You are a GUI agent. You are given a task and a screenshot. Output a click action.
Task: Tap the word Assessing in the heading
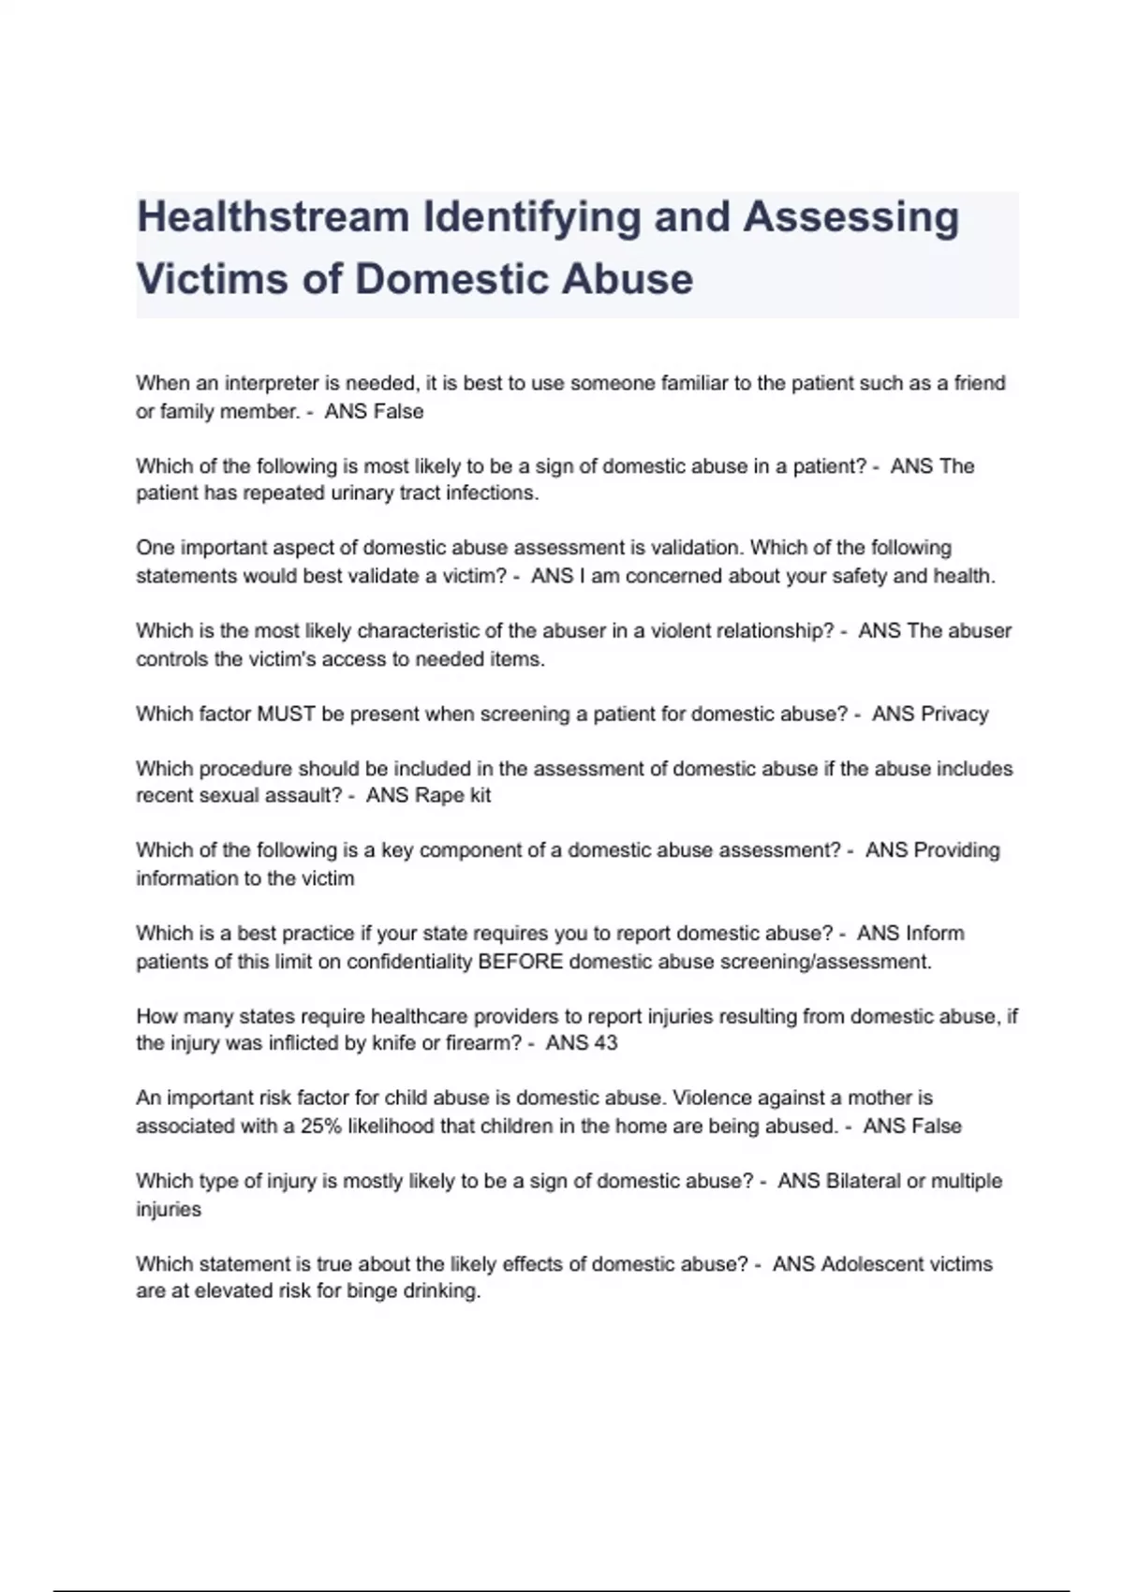(x=851, y=217)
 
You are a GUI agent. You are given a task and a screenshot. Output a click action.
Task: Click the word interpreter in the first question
(x=272, y=383)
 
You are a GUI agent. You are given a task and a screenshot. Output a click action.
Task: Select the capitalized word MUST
(x=286, y=714)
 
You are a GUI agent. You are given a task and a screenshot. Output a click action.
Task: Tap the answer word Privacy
(x=954, y=714)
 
